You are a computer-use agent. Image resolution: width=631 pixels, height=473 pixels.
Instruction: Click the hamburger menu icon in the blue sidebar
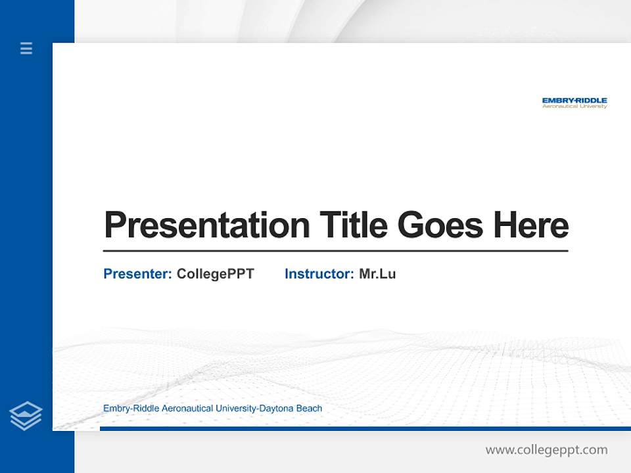26,48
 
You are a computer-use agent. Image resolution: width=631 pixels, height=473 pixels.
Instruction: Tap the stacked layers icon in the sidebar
26,416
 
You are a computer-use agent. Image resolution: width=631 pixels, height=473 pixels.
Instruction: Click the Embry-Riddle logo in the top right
574,102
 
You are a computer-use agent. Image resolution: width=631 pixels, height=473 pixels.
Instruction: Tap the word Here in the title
531,225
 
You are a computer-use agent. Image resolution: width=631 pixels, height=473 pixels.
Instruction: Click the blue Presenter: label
137,274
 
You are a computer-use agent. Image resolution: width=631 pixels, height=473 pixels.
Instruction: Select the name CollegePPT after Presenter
215,274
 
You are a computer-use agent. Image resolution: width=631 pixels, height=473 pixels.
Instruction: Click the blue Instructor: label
319,274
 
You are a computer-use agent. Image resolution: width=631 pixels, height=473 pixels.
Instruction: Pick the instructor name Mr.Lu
377,274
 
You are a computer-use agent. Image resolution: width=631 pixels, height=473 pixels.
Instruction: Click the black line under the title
335,251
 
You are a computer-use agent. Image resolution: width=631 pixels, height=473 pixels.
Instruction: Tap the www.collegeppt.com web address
546,450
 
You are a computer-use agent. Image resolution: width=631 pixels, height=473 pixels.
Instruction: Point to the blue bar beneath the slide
365,428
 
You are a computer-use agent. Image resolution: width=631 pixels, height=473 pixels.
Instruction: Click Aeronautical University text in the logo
574,106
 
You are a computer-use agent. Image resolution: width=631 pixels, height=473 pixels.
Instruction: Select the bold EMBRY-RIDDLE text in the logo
574,101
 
